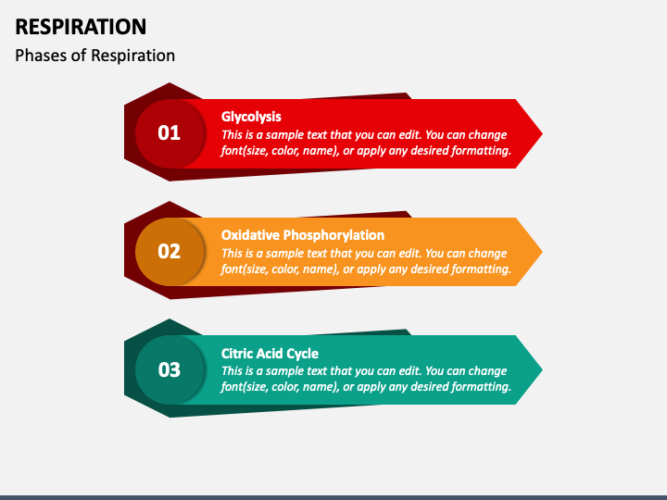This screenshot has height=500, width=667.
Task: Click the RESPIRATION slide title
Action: click(x=81, y=27)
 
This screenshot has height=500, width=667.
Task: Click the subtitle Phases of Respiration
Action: click(x=94, y=56)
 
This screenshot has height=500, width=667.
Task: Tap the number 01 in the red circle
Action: click(x=169, y=133)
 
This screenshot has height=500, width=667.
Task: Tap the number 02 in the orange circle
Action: click(x=169, y=251)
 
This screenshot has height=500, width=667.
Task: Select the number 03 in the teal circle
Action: click(x=169, y=369)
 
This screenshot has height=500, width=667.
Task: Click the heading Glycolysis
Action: click(x=251, y=117)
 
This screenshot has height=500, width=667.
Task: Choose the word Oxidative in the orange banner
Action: click(x=250, y=235)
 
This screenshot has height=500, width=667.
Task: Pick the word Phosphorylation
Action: click(x=333, y=235)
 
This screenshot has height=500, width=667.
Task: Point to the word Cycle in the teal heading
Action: click(x=302, y=354)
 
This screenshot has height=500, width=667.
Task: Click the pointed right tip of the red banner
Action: click(x=542, y=134)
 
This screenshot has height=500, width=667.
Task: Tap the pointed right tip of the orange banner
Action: click(x=542, y=252)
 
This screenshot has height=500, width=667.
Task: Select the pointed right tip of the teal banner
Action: click(x=542, y=369)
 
